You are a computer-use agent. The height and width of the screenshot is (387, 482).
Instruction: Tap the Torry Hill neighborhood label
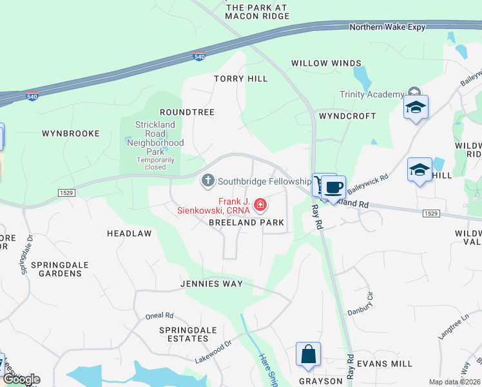click(x=240, y=79)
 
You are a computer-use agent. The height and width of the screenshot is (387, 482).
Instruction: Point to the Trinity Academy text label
click(x=372, y=95)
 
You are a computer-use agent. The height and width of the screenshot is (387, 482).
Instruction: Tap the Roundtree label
click(x=186, y=112)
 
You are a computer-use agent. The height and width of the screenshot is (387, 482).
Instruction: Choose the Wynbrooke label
click(x=71, y=134)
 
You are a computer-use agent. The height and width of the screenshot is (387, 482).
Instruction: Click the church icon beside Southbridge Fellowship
click(x=207, y=180)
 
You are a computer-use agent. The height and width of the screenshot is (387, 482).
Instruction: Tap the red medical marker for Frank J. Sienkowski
click(x=260, y=205)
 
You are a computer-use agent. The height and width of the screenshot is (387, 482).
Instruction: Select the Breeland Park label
click(x=246, y=223)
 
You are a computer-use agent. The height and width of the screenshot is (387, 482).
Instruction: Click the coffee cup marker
click(x=333, y=187)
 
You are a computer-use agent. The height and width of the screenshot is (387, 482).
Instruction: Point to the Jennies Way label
click(x=211, y=284)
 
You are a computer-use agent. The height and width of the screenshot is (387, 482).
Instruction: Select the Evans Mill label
click(x=385, y=364)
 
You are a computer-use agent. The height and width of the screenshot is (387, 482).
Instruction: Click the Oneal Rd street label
click(x=159, y=315)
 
